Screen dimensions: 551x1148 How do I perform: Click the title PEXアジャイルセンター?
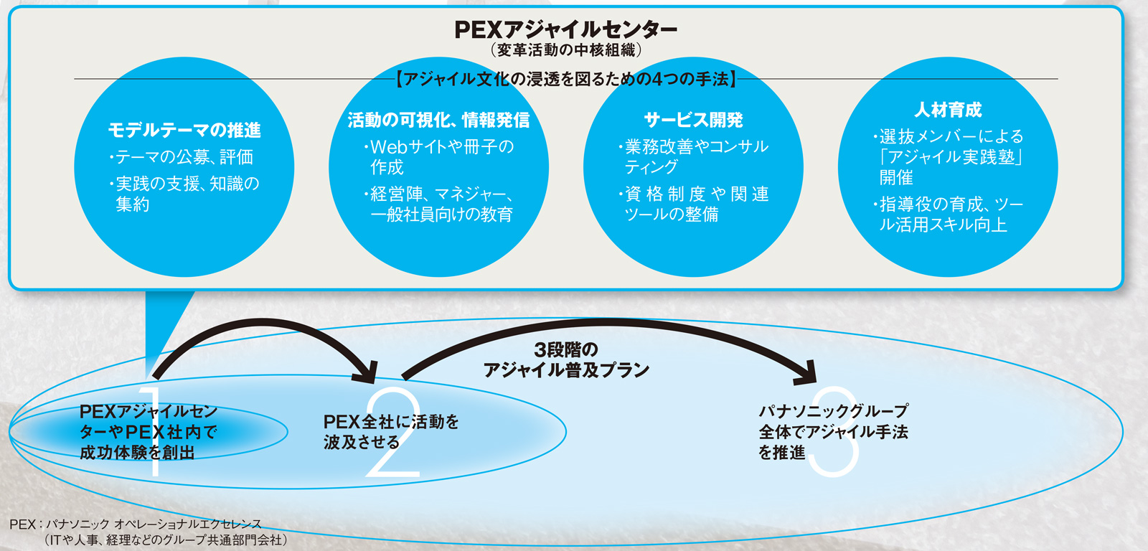(x=566, y=29)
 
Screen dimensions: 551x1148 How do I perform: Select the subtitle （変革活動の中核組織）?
(x=566, y=50)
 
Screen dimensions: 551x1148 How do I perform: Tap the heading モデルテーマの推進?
(x=184, y=130)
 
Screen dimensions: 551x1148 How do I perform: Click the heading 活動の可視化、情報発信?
(x=438, y=120)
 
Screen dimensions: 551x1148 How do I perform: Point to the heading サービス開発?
(x=693, y=120)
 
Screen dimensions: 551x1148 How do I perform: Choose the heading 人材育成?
(x=948, y=110)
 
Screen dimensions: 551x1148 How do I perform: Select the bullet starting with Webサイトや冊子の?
(x=439, y=157)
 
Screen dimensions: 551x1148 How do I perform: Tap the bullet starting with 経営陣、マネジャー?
(x=439, y=204)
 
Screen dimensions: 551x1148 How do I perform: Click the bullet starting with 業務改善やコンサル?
(x=694, y=156)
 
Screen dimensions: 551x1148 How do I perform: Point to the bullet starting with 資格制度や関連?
(x=694, y=204)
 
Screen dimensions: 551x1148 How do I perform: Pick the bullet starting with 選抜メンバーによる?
(x=949, y=156)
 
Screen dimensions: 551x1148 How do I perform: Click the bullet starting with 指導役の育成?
(x=949, y=215)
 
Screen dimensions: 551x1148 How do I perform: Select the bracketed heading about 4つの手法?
(x=566, y=79)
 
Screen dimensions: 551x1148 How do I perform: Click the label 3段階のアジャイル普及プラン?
(x=566, y=359)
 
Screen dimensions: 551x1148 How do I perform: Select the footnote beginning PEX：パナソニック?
(x=147, y=532)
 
